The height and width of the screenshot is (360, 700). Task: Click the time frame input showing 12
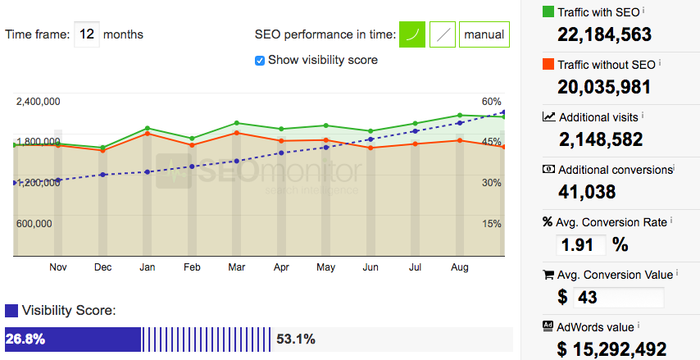[x=87, y=34]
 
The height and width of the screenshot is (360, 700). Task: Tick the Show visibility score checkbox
[x=260, y=60]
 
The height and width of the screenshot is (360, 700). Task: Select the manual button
[x=484, y=34]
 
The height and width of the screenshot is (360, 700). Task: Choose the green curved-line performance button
[x=412, y=34]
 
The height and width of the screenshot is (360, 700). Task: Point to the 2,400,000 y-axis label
[x=38, y=102]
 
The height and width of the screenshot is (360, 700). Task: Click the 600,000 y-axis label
[x=34, y=224]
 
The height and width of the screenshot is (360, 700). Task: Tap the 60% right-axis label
[x=492, y=102]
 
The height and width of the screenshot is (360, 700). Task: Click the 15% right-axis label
[x=492, y=224]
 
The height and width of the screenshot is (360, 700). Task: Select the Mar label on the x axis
[x=236, y=267]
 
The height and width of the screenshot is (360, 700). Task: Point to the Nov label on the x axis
[x=57, y=267]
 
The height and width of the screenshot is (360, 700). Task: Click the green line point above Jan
[x=147, y=128]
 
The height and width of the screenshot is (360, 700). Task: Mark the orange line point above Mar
[x=236, y=133]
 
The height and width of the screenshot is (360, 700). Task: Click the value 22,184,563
[x=604, y=34]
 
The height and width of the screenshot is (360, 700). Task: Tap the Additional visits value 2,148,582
[x=601, y=139]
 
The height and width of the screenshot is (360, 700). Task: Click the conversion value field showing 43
[x=619, y=297]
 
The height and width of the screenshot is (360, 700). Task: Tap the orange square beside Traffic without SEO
[x=548, y=64]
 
